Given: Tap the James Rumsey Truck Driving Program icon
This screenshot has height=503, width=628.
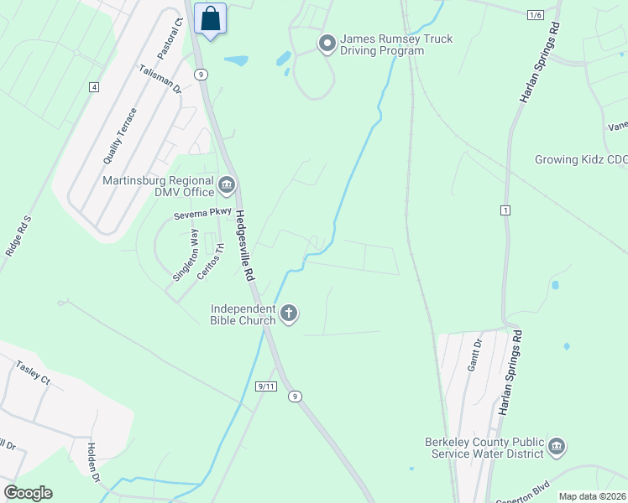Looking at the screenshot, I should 326,42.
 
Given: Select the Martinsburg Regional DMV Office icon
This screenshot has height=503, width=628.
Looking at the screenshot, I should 227,184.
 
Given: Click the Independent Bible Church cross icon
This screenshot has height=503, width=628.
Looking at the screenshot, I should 288,314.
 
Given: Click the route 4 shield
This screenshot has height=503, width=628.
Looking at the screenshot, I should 93,87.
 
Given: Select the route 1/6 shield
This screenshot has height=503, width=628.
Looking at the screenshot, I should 536,15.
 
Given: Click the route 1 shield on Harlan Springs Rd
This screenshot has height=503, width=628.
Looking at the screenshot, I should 505,209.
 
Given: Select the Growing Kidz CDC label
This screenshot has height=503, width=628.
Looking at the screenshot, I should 581,159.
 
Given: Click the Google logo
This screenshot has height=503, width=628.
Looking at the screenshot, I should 28,493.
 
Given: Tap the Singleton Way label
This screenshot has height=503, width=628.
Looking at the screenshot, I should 185,256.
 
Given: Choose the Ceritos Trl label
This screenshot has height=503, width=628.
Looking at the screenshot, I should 211,262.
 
